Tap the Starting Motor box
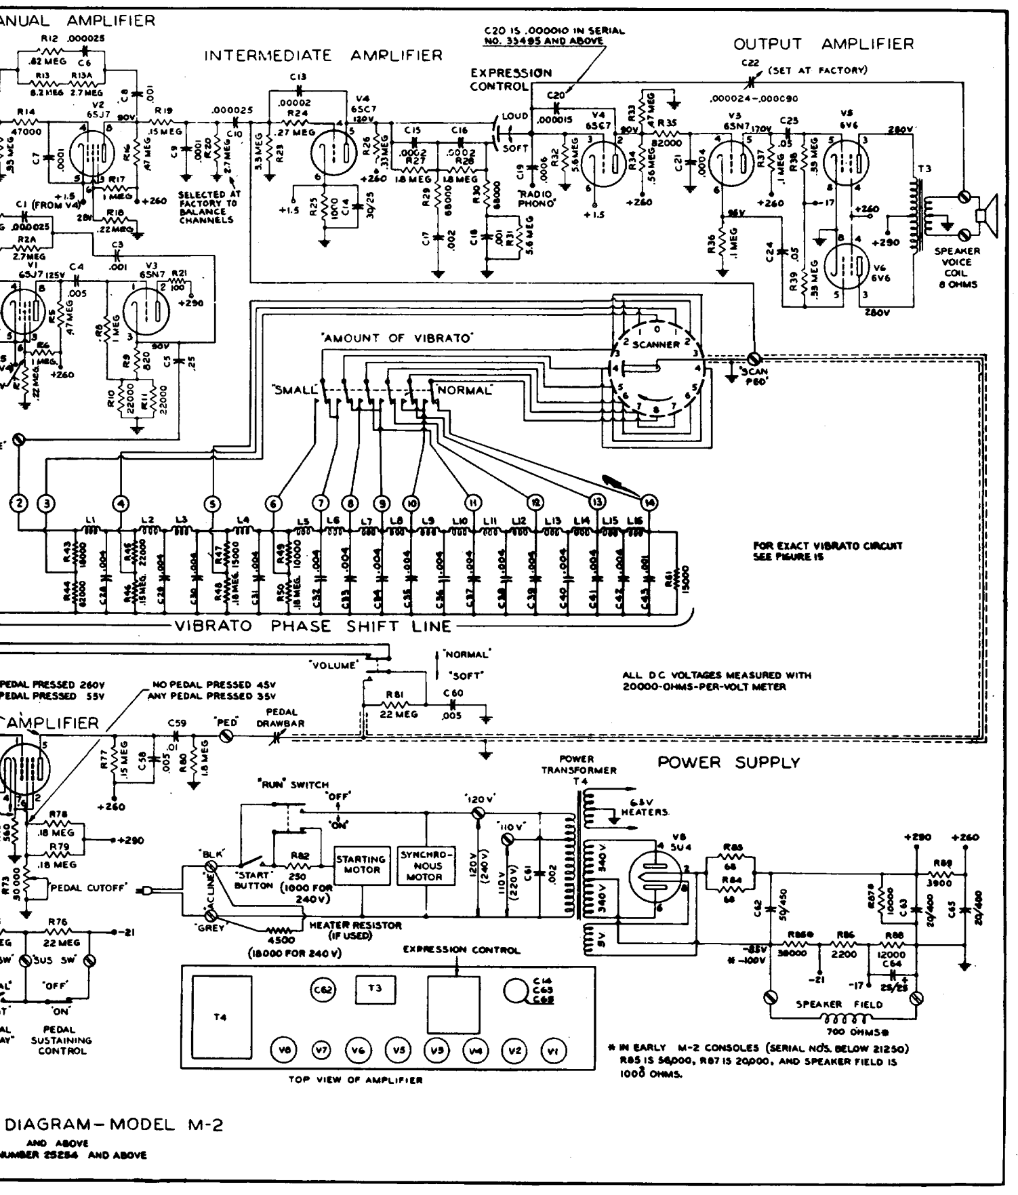tap(362, 864)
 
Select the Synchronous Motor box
tap(425, 865)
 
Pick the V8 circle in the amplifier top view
tap(282, 1051)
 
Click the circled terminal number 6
tap(274, 503)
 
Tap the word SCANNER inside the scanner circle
tap(655, 344)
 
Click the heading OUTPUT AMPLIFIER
tap(823, 45)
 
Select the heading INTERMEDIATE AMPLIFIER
tap(323, 56)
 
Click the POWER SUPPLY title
tap(729, 763)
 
